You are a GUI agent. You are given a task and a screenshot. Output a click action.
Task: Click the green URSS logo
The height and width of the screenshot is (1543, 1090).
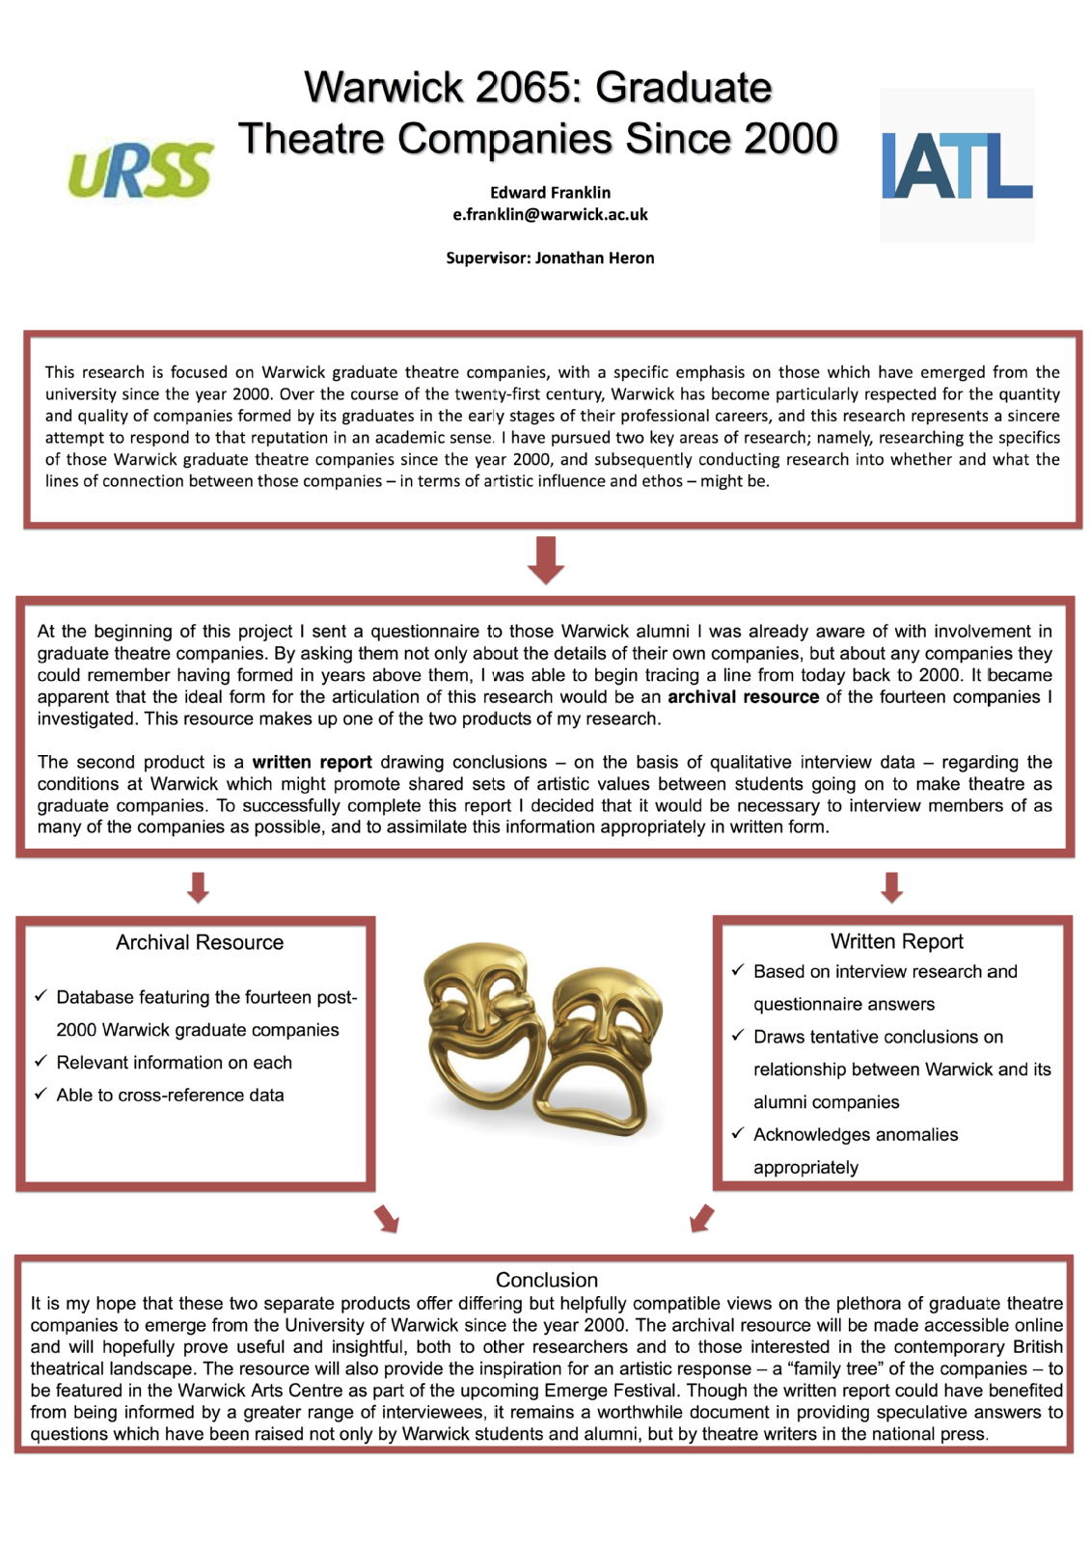141,170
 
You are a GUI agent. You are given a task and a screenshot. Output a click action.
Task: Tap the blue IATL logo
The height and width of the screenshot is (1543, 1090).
956,165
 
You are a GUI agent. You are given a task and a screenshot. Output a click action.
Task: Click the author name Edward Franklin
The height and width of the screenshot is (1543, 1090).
550,192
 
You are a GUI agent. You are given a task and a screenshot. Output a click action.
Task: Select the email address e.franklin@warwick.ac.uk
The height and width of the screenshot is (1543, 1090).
550,214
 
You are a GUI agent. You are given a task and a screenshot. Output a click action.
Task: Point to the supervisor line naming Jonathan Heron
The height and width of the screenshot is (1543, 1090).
550,257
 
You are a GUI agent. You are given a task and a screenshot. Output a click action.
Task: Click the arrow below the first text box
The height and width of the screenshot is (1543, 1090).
546,559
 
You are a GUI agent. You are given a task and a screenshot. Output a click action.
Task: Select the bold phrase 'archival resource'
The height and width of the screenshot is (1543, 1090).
743,696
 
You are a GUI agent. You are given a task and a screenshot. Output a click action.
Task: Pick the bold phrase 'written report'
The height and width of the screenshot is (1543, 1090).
312,762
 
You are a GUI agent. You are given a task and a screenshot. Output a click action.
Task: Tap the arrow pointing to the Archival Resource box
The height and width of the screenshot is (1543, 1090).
198,886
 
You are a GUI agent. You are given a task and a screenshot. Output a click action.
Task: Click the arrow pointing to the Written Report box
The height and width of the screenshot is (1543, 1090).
891,886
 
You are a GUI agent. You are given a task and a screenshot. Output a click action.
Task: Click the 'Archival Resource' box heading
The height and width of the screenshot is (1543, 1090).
200,942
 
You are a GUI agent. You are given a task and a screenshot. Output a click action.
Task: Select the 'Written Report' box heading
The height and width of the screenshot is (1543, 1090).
896,941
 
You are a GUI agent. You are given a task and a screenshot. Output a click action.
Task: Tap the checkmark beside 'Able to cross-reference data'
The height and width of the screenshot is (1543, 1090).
41,1094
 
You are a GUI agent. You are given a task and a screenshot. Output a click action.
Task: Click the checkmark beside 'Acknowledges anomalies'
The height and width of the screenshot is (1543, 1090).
738,1133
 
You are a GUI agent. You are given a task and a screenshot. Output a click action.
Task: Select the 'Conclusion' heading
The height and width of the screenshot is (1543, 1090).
546,1280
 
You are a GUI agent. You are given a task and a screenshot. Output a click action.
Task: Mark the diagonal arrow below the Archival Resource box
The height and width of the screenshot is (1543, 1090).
387,1218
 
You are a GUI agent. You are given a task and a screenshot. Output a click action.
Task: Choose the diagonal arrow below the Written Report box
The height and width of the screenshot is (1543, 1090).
702,1218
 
